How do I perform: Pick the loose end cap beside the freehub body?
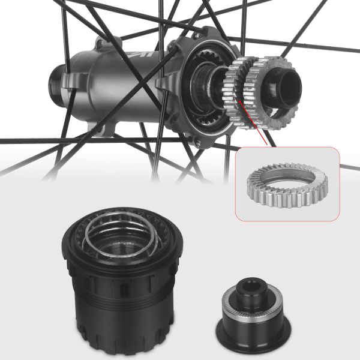[248, 309]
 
